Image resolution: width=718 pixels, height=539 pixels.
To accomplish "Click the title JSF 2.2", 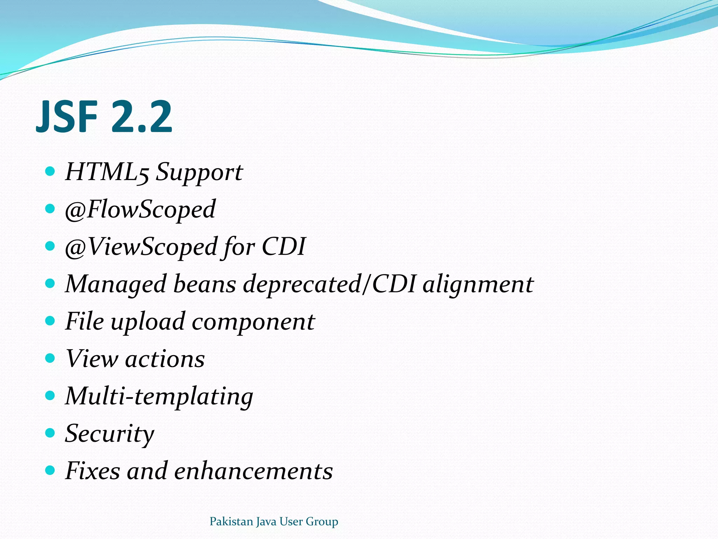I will (x=104, y=117).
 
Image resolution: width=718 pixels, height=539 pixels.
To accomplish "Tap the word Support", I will (x=199, y=173).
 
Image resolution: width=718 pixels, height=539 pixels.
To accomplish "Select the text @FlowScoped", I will (x=140, y=210).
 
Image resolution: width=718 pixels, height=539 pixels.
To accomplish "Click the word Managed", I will (x=116, y=285).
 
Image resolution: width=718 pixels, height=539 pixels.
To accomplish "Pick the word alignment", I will (x=478, y=284).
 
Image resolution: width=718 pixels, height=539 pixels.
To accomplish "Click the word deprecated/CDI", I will (x=330, y=284).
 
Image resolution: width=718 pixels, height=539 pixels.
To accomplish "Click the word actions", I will (x=165, y=359).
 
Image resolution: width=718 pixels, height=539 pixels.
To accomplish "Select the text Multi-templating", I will (x=159, y=397).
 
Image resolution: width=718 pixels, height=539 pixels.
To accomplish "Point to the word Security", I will (x=109, y=434).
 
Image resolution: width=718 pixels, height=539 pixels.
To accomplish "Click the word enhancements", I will (x=253, y=471).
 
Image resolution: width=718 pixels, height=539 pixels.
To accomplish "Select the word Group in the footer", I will (x=322, y=522).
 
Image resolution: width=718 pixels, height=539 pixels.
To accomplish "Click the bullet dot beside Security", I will (x=50, y=433).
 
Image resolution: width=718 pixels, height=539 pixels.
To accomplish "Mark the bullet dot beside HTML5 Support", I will (x=50, y=171).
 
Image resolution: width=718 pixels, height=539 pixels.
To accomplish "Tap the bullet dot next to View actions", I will (x=50, y=358).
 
